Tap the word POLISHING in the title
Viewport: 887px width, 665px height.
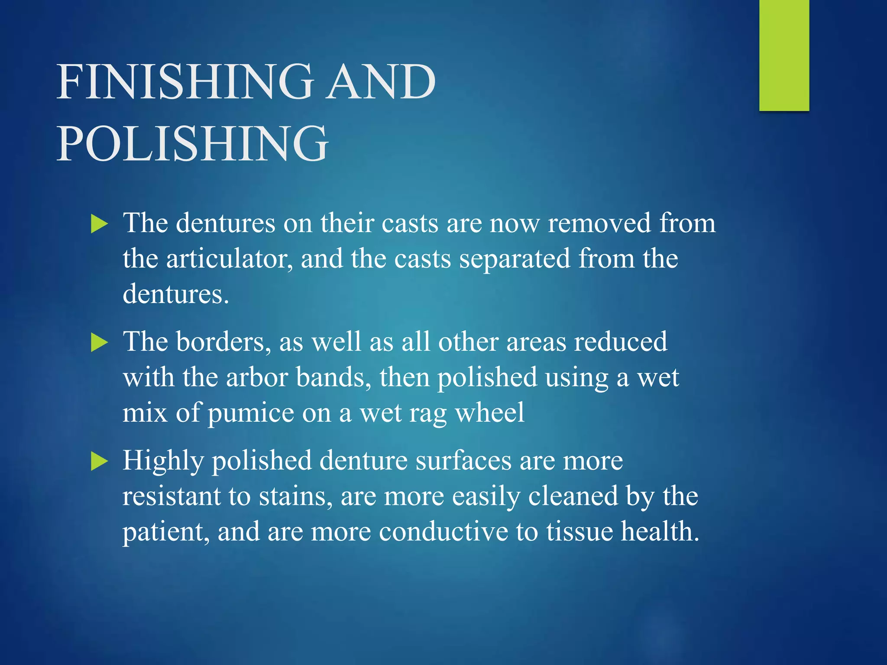pos(192,143)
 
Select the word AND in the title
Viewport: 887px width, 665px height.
pos(381,82)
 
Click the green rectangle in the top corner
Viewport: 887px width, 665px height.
pos(784,55)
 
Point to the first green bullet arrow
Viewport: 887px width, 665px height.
pos(99,225)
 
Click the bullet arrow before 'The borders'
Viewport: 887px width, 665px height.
pos(99,343)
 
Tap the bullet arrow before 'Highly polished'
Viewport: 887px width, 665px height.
pos(99,462)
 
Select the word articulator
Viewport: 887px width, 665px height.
pos(229,259)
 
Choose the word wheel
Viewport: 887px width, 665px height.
pos(489,413)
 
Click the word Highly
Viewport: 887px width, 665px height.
pos(163,461)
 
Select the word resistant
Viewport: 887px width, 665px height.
pos(172,496)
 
